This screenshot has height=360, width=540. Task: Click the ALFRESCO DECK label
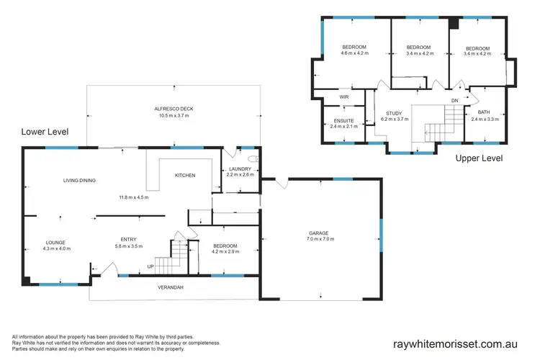click(x=174, y=109)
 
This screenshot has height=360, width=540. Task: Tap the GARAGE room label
click(x=319, y=233)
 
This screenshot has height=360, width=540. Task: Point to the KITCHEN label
click(x=186, y=175)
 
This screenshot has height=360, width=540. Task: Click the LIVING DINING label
click(x=78, y=181)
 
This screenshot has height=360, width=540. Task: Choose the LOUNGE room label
click(x=56, y=243)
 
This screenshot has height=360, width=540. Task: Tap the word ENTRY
click(x=130, y=240)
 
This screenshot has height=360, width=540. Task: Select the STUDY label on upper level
click(x=393, y=113)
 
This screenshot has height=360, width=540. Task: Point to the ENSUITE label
click(x=343, y=120)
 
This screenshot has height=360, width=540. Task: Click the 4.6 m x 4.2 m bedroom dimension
click(x=354, y=53)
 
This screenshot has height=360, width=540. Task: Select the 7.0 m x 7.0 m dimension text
click(x=319, y=239)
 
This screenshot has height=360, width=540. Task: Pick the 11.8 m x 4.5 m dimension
click(x=134, y=197)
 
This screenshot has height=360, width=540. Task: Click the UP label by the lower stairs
click(x=150, y=266)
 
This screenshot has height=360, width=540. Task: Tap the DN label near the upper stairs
click(x=454, y=100)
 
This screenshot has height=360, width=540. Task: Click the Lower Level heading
click(x=45, y=132)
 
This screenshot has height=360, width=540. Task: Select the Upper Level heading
click(x=479, y=158)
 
